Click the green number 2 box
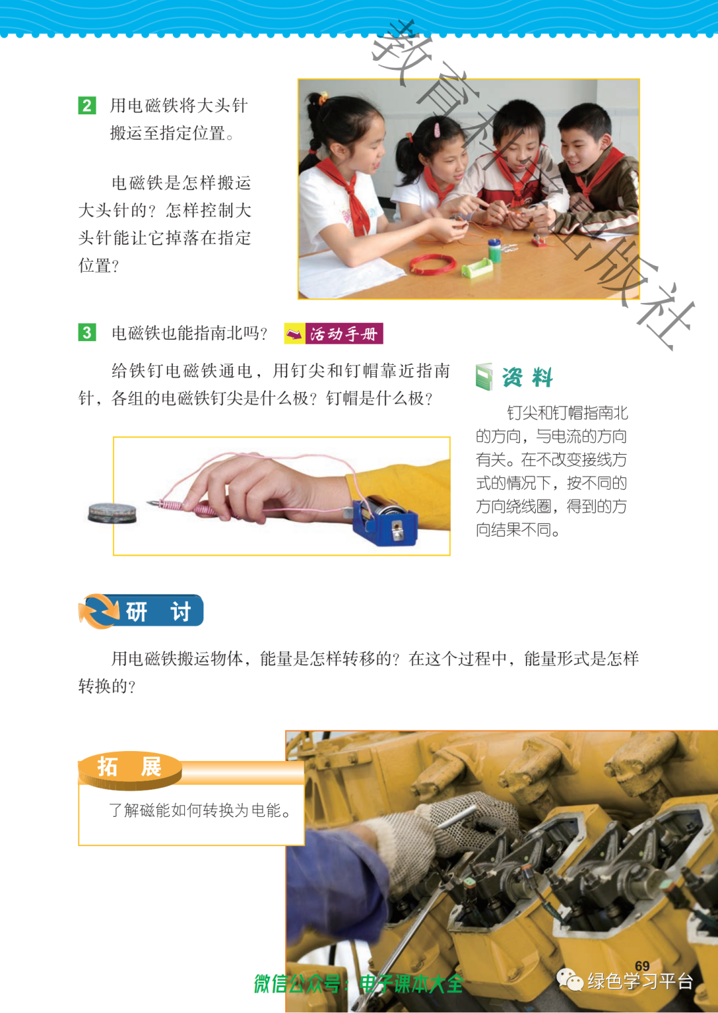87,106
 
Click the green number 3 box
87,332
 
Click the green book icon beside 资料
483,377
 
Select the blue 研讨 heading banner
141,611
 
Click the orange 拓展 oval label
130,769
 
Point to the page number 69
642,966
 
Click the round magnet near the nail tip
112,513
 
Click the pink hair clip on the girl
437,130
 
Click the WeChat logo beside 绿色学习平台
570,980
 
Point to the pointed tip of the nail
147,503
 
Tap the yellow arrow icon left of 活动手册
295,334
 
